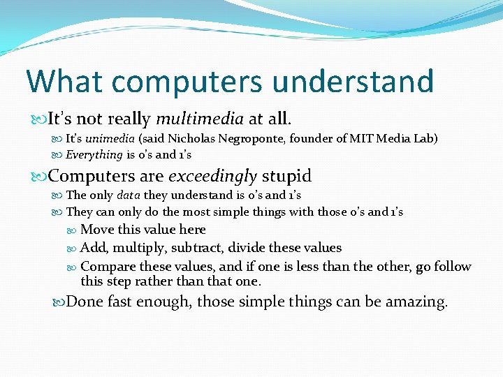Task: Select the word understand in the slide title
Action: (x=353, y=81)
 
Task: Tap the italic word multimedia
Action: (x=200, y=119)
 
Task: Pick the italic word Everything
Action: (x=94, y=154)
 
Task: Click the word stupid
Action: (x=286, y=175)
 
